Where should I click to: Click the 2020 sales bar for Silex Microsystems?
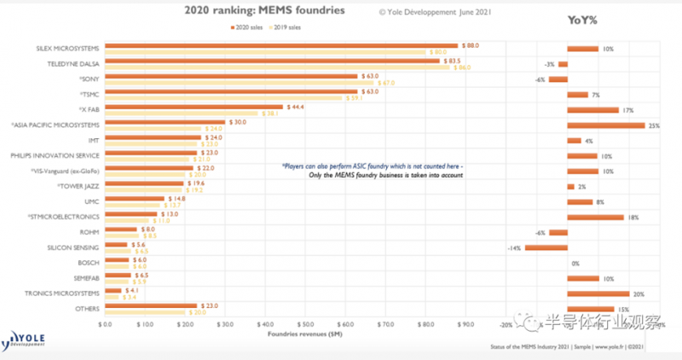281,45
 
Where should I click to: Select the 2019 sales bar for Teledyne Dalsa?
277,67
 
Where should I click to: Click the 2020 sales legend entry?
252,27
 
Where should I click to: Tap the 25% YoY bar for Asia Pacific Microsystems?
605,125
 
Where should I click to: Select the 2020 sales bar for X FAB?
194,107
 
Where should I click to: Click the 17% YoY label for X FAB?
629,110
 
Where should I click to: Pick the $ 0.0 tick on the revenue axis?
106,325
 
